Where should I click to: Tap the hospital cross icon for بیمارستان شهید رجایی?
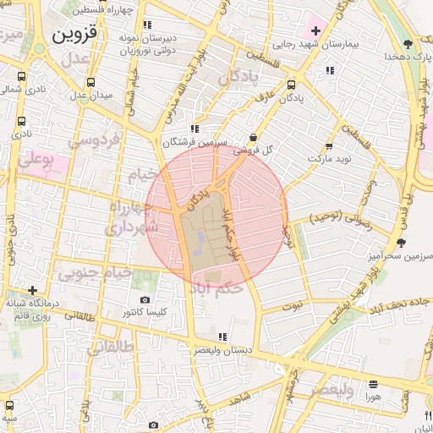point(315,30)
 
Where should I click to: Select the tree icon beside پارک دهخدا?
point(408,43)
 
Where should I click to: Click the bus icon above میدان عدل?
point(90,82)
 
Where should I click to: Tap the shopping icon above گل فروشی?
point(254,137)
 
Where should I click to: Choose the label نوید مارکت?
point(327,158)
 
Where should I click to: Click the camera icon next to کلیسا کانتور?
point(145,300)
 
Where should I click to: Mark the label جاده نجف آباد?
point(397,303)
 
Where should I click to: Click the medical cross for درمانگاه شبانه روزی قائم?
point(32,290)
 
